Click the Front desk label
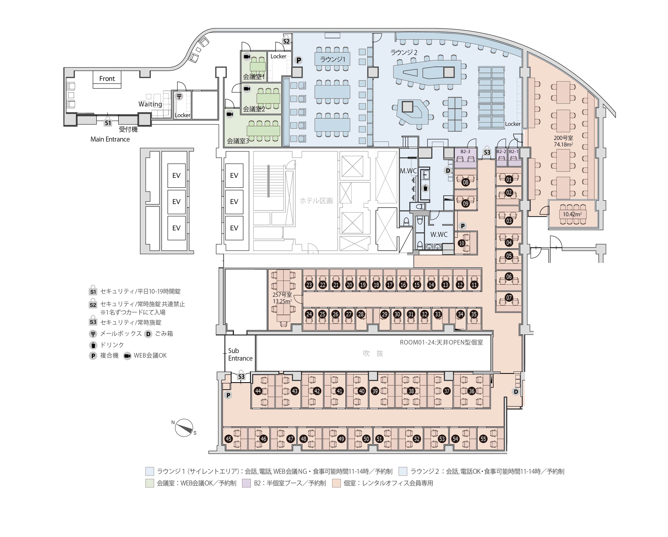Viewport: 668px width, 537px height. point(107,79)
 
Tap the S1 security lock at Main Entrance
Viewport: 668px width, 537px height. point(108,121)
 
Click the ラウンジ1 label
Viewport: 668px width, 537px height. point(332,59)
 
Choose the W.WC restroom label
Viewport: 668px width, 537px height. point(439,235)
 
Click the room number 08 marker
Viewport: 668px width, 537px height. point(465,182)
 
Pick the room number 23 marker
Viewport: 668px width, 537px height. point(309,285)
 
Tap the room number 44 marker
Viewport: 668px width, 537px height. point(258,391)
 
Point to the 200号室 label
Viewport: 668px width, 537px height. point(563,138)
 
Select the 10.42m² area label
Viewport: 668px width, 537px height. point(572,214)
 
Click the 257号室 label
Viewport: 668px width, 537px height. point(282,295)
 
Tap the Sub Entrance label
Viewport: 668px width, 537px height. point(240,354)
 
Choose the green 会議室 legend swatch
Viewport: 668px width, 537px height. point(150,483)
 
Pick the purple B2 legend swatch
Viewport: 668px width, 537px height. point(247,483)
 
